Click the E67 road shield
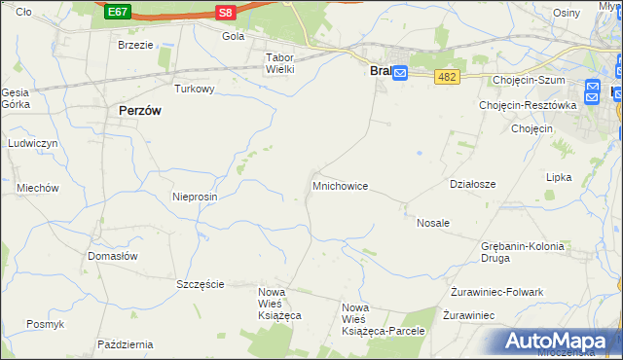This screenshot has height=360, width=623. (118, 12)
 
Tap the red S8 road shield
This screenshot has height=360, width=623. (226, 12)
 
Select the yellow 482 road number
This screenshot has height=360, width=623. (447, 77)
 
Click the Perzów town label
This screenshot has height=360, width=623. (139, 111)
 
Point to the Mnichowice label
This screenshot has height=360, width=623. (340, 185)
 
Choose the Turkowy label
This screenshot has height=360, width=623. (194, 89)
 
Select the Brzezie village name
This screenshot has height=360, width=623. (136, 45)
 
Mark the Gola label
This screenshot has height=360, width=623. (233, 37)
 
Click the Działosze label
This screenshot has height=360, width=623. (473, 184)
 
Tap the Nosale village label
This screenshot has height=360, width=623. (433, 223)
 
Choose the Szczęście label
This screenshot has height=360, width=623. (201, 284)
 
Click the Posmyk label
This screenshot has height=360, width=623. (45, 324)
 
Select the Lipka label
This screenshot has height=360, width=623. (559, 178)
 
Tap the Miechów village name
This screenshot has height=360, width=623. (38, 188)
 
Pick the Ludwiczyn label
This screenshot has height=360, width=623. (34, 143)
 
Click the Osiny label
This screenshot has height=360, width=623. (566, 12)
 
